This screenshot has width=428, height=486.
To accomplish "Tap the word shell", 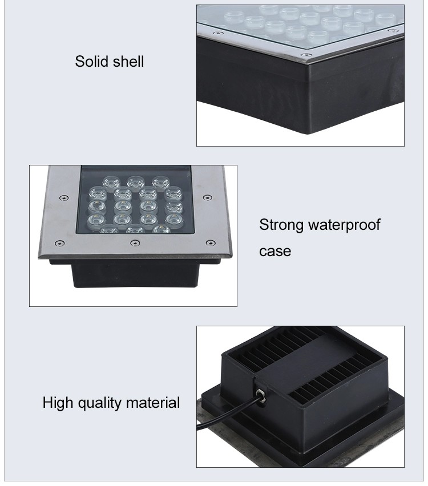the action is [x=128, y=62].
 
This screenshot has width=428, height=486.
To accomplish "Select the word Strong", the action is [x=281, y=225].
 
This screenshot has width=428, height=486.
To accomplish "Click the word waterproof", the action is [x=344, y=225].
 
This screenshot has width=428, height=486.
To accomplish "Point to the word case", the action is [x=275, y=252].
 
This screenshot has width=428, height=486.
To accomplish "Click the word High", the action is [x=58, y=403].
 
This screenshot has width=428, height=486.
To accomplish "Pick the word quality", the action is [x=99, y=403].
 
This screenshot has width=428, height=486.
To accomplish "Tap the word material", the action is [x=153, y=403].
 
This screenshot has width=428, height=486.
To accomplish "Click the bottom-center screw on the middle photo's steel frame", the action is [x=134, y=243].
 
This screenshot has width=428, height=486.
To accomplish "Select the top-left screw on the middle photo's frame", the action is [x=64, y=198].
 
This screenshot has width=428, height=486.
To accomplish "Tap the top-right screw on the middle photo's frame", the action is [x=208, y=197].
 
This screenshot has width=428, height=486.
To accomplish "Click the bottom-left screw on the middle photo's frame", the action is [x=59, y=243].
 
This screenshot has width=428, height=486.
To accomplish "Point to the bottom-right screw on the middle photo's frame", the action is [x=211, y=242].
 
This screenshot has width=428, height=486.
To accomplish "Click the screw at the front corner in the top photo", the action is [x=307, y=55].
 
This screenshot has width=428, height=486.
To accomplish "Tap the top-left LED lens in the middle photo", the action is [x=111, y=182].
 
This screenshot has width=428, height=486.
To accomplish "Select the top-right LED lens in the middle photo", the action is [x=161, y=182].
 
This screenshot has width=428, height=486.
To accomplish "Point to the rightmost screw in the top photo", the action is [x=393, y=31].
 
